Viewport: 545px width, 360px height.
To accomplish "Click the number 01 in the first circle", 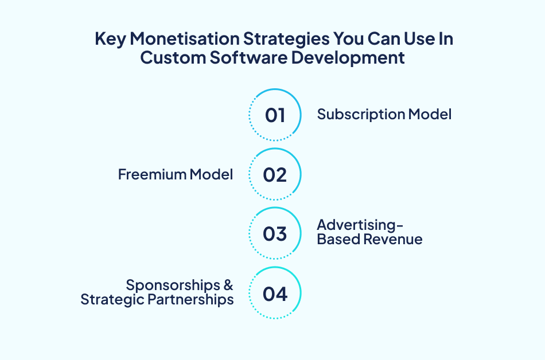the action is point(275,115).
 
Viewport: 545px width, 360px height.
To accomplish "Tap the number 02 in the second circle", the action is point(275,175).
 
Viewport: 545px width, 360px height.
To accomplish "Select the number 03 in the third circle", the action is point(275,234).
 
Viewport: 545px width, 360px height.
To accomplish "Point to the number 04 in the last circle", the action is point(275,294).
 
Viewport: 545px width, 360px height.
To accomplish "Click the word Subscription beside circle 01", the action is point(361,115).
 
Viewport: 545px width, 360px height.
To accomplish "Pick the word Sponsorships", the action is point(173,285).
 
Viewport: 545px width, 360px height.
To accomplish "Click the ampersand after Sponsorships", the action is point(228,285).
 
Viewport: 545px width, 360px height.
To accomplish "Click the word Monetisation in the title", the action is point(185,38).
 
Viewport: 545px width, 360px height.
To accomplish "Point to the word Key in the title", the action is point(111,39).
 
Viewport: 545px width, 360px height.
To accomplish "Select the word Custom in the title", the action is point(173,57).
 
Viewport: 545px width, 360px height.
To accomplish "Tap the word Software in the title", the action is point(248,57).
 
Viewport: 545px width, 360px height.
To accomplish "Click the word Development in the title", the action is point(348,58).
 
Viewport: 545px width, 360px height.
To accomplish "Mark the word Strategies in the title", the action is point(286,39).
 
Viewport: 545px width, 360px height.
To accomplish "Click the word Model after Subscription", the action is point(430,115).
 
